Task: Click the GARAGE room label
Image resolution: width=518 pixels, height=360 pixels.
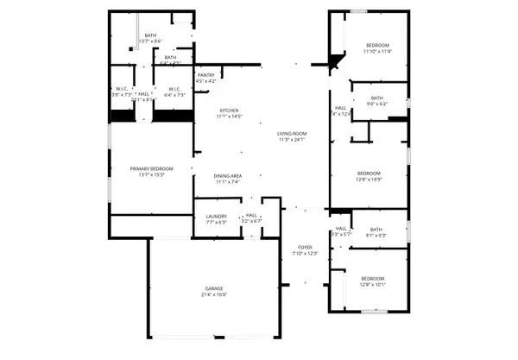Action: pos(214,288)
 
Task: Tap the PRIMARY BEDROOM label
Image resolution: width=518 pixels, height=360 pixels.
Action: pos(152,168)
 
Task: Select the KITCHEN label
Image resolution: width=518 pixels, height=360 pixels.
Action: pos(229,111)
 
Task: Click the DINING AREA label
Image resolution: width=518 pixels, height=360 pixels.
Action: pos(229,176)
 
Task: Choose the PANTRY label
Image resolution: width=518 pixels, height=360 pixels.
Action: pos(205,75)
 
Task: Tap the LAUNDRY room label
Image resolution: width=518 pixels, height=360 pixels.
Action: pos(216,216)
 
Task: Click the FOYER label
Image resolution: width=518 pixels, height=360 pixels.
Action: pos(306,247)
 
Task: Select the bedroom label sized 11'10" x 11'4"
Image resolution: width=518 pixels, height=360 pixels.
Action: pos(377,45)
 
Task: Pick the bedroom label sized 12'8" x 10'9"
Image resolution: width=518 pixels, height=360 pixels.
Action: pos(370,173)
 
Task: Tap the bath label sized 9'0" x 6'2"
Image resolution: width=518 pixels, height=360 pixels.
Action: pos(377,98)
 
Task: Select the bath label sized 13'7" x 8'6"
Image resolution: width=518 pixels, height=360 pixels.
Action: pos(150,35)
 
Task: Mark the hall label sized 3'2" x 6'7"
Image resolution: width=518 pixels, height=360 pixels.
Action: pos(251,216)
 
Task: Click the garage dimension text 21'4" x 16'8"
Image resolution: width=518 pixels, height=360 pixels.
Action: pos(214,294)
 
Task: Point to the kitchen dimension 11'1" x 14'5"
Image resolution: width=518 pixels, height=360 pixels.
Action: pos(229,117)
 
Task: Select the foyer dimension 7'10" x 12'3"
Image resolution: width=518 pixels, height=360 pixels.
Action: pos(306,253)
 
